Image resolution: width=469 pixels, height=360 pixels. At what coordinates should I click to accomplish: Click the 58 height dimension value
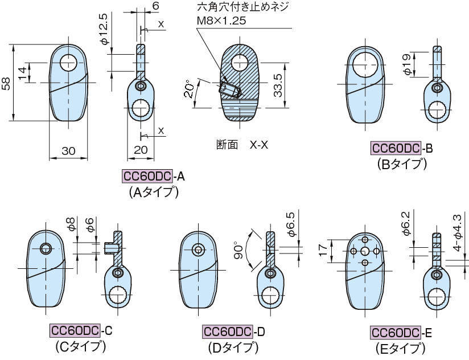point(5,84)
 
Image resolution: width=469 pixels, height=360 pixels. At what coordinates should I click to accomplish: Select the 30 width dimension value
point(68,151)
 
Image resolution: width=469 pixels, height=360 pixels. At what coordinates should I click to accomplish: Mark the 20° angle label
point(188,89)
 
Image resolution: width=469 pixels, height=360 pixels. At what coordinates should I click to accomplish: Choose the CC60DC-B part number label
point(402,149)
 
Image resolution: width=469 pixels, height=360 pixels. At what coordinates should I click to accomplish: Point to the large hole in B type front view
point(365,64)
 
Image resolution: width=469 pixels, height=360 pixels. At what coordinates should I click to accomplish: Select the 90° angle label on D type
point(240,251)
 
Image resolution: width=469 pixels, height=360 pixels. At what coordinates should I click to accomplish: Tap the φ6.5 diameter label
point(290,223)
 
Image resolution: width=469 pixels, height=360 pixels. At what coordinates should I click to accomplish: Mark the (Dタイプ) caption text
point(233,347)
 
